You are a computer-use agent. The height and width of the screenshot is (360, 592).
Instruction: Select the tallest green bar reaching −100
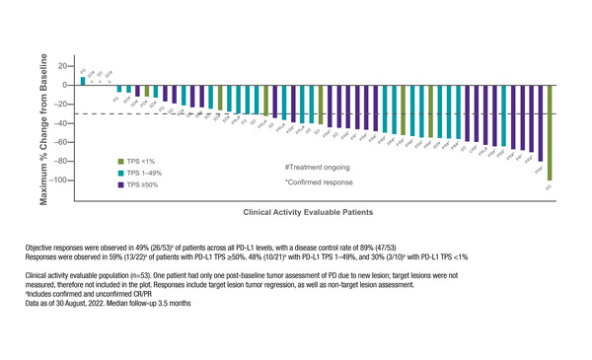550,132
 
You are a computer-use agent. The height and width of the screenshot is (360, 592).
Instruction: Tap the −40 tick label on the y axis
60,123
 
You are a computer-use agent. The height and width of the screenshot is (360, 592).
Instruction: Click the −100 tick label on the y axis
58,180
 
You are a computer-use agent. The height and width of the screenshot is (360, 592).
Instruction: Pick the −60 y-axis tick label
60,142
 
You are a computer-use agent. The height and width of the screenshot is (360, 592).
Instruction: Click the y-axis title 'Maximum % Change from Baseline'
43,123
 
